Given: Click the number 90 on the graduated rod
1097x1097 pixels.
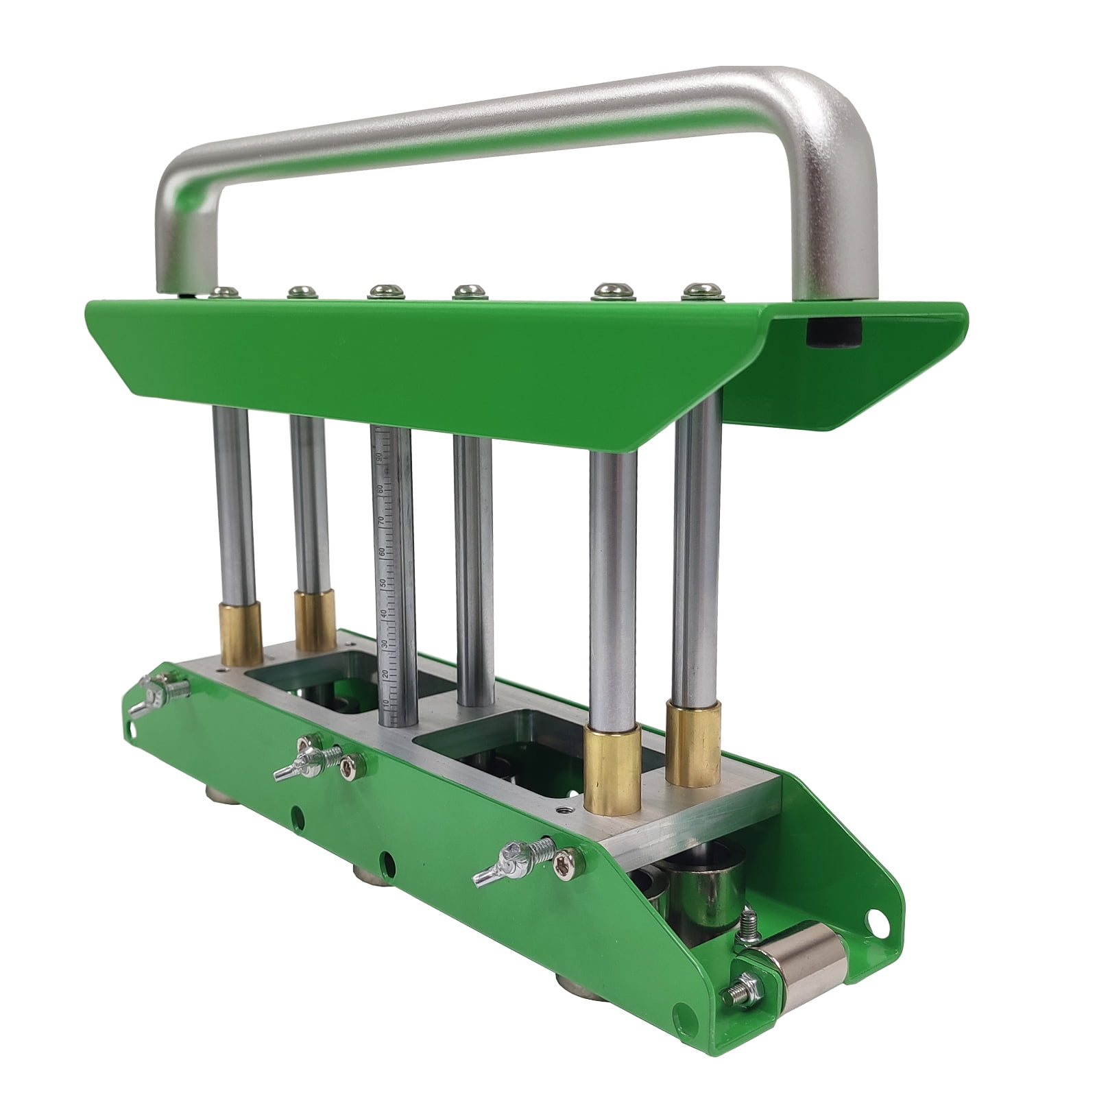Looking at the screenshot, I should click(x=379, y=457).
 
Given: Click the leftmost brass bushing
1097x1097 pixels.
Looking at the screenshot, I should click(x=241, y=632).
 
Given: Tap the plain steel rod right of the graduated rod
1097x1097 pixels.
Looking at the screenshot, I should click(x=473, y=569).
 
